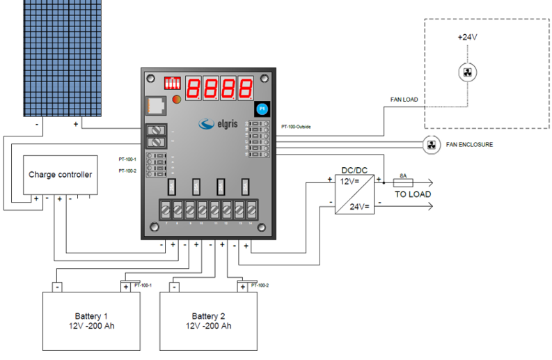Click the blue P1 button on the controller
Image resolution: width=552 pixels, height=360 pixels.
click(x=262, y=108)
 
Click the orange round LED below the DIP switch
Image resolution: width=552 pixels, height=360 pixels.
click(x=176, y=100)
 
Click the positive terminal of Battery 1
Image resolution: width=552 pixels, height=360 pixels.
click(x=126, y=286)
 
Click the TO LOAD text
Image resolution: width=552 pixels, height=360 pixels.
click(x=413, y=194)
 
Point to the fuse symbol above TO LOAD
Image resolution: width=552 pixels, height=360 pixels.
click(x=403, y=182)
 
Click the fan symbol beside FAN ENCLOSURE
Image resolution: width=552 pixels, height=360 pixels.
click(x=432, y=144)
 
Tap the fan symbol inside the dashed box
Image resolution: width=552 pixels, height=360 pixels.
click(x=468, y=72)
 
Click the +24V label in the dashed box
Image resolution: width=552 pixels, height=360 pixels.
click(x=468, y=37)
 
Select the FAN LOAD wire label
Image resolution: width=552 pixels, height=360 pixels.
click(x=404, y=100)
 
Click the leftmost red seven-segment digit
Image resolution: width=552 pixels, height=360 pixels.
click(x=194, y=88)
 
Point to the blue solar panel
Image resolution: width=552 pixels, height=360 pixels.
click(x=63, y=56)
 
